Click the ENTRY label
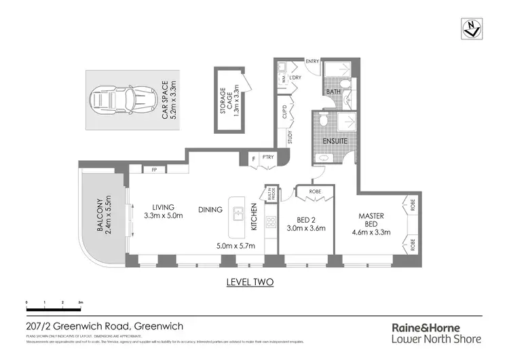312,62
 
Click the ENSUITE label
335,141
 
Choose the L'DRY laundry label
295,78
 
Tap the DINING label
210,210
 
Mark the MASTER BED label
371,221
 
